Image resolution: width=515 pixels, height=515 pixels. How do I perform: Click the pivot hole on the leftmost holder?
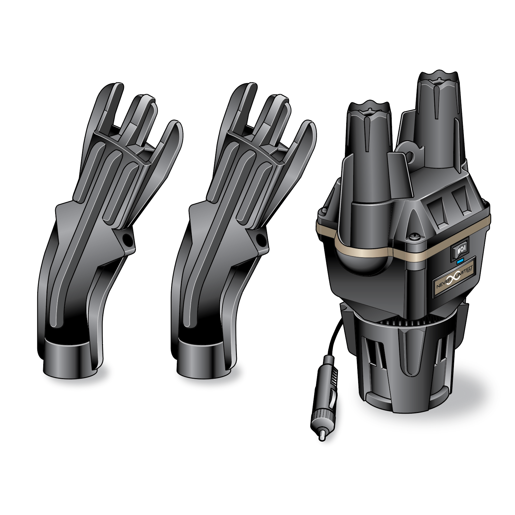point(127,238)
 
